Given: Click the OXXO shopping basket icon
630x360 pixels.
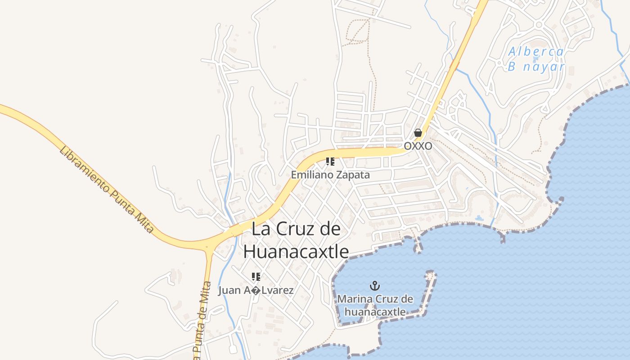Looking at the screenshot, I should [x=418, y=133].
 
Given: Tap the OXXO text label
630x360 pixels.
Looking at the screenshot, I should [x=418, y=146].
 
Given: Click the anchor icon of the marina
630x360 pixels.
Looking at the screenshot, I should [x=374, y=285].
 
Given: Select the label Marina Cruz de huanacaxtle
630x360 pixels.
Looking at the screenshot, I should [x=375, y=305].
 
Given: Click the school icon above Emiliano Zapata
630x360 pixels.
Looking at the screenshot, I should [x=330, y=162].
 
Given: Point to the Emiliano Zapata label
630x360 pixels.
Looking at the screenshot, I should [x=330, y=175].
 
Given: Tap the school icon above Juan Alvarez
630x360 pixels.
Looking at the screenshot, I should [x=256, y=277].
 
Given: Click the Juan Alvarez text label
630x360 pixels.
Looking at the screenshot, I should [x=256, y=290].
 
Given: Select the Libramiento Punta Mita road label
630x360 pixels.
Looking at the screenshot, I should [x=107, y=189].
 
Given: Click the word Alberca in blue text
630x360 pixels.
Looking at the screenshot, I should [x=536, y=52].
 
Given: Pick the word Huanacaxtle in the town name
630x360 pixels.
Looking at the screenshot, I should [x=296, y=252].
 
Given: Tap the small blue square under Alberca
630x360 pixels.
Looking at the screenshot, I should [x=535, y=59].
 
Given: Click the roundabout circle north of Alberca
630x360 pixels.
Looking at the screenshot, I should [x=539, y=25].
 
